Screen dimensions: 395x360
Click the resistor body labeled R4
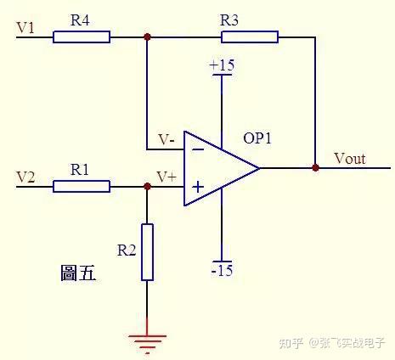click(x=82, y=37)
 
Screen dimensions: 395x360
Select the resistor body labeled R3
click(x=250, y=37)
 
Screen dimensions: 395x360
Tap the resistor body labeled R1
click(x=82, y=187)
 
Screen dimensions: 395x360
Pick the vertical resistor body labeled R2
click(x=147, y=252)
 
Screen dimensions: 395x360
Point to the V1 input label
click(x=25, y=28)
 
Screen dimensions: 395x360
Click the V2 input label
click(x=25, y=177)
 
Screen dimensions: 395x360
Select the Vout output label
click(x=350, y=159)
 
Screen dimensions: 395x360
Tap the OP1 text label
click(x=257, y=138)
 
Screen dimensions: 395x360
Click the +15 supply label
click(x=222, y=65)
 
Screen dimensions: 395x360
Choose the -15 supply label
click(x=223, y=271)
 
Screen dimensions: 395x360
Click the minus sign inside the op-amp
click(x=198, y=149)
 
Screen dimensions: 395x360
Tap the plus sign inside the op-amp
click(x=198, y=187)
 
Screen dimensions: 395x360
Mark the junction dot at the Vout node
click(x=315, y=168)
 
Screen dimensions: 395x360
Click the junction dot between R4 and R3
click(x=147, y=37)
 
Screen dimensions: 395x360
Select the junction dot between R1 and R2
click(x=147, y=187)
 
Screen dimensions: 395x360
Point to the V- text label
click(x=166, y=139)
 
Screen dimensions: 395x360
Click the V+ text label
click(x=166, y=177)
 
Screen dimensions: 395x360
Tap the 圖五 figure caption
click(x=78, y=273)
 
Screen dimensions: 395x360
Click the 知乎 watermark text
click(x=291, y=343)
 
